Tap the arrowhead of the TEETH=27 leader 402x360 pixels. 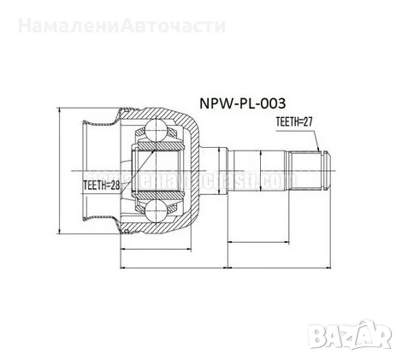click(318, 150)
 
